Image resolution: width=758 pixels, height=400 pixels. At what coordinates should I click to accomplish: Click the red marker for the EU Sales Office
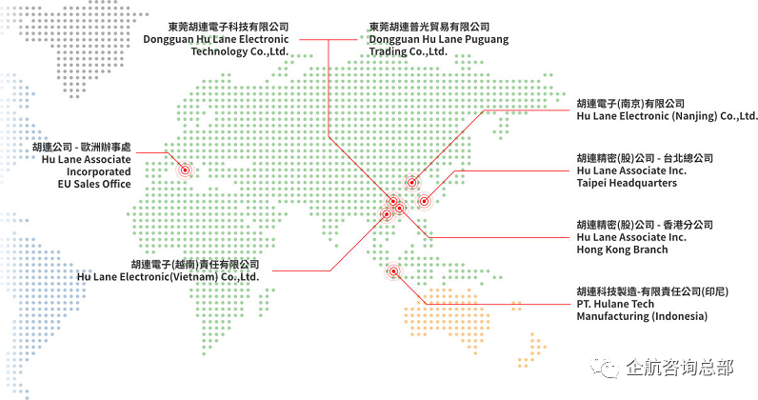pyautogui.click(x=185, y=170)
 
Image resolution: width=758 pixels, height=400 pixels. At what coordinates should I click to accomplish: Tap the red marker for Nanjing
pyautogui.click(x=411, y=182)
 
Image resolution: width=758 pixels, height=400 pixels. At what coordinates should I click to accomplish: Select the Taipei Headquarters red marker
pyautogui.click(x=424, y=201)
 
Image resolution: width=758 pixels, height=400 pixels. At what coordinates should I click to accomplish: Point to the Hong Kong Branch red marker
pyautogui.click(x=400, y=208)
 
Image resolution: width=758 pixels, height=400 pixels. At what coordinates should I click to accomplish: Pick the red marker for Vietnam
pyautogui.click(x=387, y=213)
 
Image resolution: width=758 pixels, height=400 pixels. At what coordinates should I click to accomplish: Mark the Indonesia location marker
pyautogui.click(x=394, y=271)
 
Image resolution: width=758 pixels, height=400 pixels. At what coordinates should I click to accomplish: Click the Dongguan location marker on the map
pyautogui.click(x=393, y=201)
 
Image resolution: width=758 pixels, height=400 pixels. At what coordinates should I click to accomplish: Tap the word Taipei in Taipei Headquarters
pyautogui.click(x=591, y=183)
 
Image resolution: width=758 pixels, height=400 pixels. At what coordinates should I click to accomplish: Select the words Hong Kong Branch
pyautogui.click(x=622, y=250)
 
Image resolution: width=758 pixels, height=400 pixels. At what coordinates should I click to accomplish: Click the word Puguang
pyautogui.click(x=487, y=40)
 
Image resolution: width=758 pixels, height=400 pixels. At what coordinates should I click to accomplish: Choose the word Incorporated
pyautogui.click(x=99, y=171)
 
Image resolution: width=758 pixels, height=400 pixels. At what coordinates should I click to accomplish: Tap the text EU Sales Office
pyautogui.click(x=94, y=184)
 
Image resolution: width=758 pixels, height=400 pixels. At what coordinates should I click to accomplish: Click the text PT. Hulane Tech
pyautogui.click(x=615, y=304)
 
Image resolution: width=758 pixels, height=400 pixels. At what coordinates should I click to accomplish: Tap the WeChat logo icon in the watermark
pyautogui.click(x=605, y=368)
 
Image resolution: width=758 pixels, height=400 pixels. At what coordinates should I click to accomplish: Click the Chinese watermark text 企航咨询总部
pyautogui.click(x=679, y=368)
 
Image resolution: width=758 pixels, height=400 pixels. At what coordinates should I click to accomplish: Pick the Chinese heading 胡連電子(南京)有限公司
pyautogui.click(x=630, y=104)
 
